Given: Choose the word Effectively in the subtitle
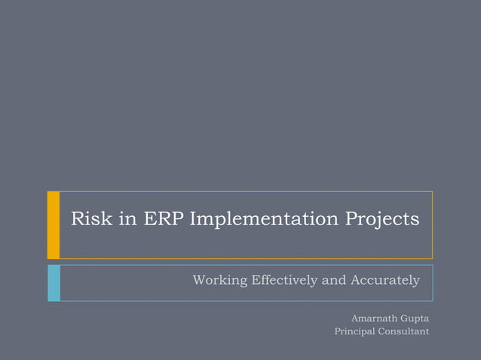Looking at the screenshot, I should [x=283, y=281].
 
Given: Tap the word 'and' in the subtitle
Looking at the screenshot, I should [x=335, y=281].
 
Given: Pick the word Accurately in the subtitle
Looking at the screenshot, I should [x=384, y=281].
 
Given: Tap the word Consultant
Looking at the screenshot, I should [x=405, y=331].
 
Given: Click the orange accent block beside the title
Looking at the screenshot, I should [x=54, y=224].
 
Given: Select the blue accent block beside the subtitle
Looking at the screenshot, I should [x=54, y=282].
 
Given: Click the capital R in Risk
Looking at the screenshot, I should [x=77, y=220].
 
